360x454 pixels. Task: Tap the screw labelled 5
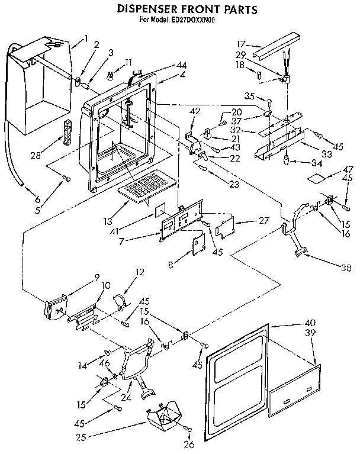coord(67,179)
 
